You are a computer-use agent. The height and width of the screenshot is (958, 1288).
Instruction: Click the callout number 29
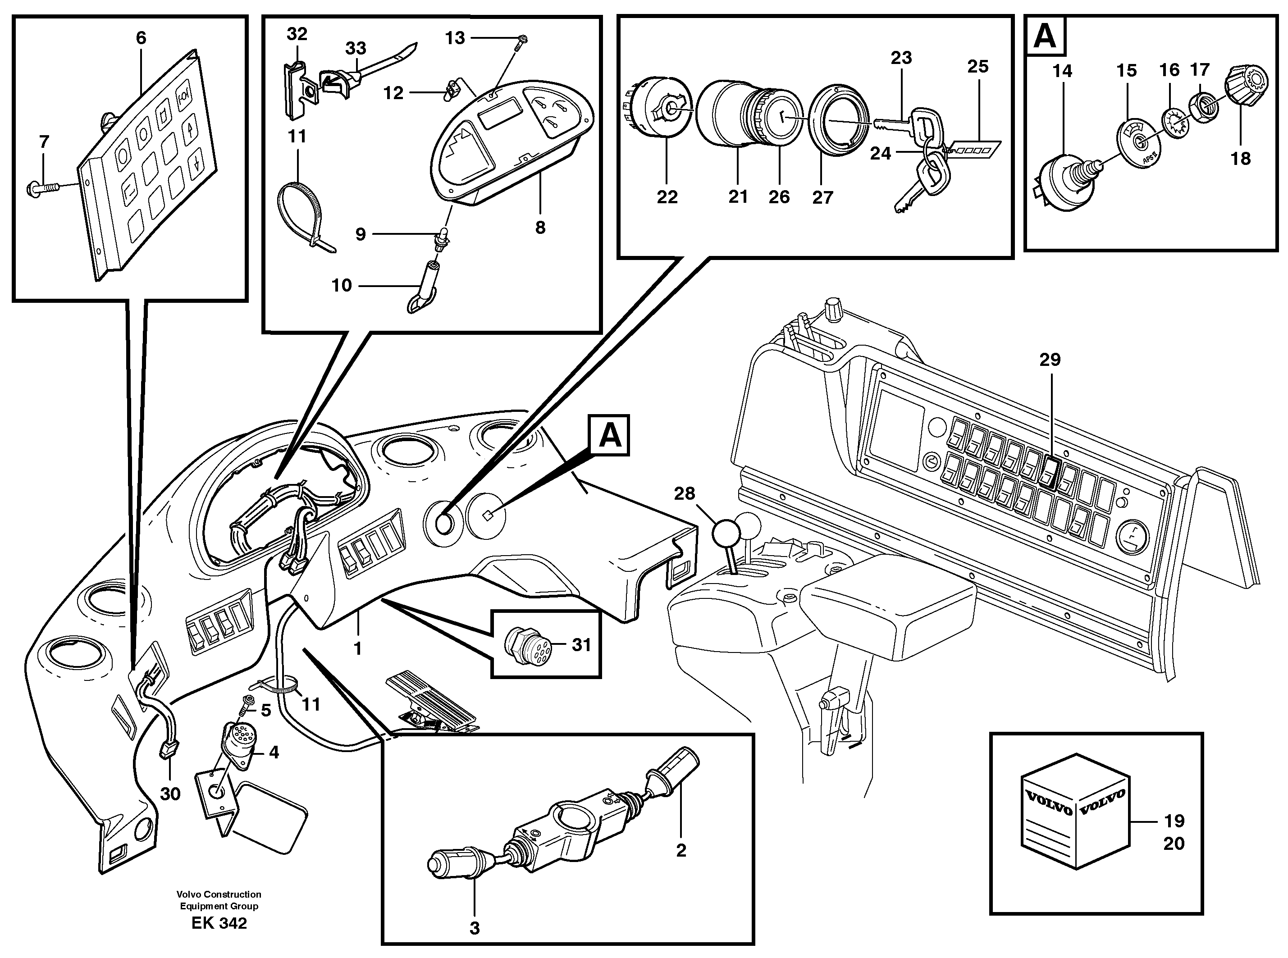click(x=1049, y=360)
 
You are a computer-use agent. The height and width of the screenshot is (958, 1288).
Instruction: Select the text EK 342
click(x=219, y=923)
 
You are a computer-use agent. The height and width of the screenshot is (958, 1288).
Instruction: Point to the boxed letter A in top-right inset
click(x=1045, y=36)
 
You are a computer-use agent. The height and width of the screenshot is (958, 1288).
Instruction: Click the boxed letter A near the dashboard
click(x=609, y=435)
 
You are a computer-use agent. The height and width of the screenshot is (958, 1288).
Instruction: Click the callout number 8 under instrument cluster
click(x=540, y=228)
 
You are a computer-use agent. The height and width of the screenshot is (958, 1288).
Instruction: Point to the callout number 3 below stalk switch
click(x=475, y=928)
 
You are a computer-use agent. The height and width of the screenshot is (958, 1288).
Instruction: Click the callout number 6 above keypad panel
click(x=141, y=38)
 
